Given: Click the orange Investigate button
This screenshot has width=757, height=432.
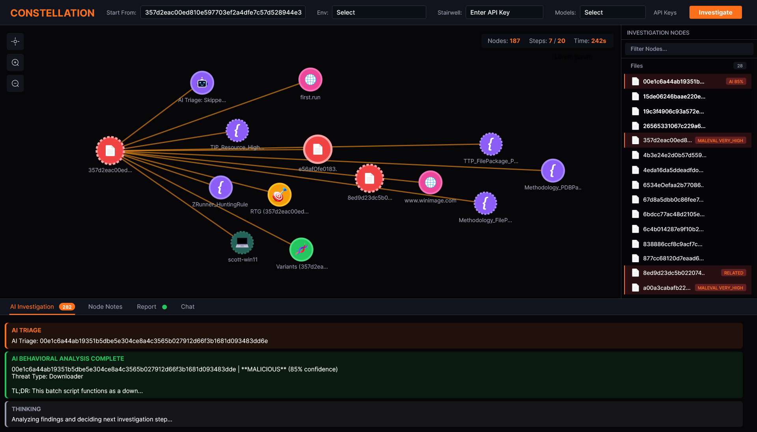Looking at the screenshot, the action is coord(715,13).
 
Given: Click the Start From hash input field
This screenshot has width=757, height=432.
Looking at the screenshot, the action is coord(223,13).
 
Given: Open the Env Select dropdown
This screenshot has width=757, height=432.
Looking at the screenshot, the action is coord(379,13).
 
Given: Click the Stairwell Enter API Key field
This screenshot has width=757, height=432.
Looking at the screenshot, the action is coord(504,13).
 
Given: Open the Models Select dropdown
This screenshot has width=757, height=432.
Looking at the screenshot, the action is coord(612,13).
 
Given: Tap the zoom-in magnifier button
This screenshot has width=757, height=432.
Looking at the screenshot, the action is coord(15,63).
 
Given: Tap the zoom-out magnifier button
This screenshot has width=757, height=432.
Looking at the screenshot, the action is coord(15,83).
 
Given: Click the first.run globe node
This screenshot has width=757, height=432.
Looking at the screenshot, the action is coord(310,80).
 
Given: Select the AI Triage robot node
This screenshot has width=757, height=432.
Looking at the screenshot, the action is coord(202,83).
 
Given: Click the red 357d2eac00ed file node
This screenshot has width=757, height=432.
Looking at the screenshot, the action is coord(110,150).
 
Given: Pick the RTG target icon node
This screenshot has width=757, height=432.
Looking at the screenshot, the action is coord(280,195).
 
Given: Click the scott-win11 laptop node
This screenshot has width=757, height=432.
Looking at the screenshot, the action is coord(242,243).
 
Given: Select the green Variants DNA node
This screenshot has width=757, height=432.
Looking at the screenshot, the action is coord(302,250).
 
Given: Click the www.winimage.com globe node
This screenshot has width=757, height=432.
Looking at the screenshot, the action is coord(431,182).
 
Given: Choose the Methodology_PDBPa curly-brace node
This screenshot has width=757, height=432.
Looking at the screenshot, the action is coord(553,171).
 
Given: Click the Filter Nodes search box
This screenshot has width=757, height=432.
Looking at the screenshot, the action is coord(689,49).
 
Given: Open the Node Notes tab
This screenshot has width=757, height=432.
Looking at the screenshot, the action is coord(105,307).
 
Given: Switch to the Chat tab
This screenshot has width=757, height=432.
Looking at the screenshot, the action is coord(188,307).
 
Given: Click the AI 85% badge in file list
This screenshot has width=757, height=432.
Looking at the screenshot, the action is coord(736,82).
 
